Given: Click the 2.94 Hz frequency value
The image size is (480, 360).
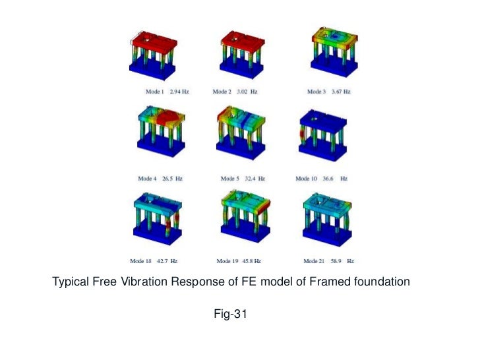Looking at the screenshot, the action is coord(179,92).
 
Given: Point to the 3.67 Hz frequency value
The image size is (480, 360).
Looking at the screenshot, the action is coord(340,92).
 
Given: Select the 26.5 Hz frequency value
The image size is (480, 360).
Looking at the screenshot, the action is coord(173,179).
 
